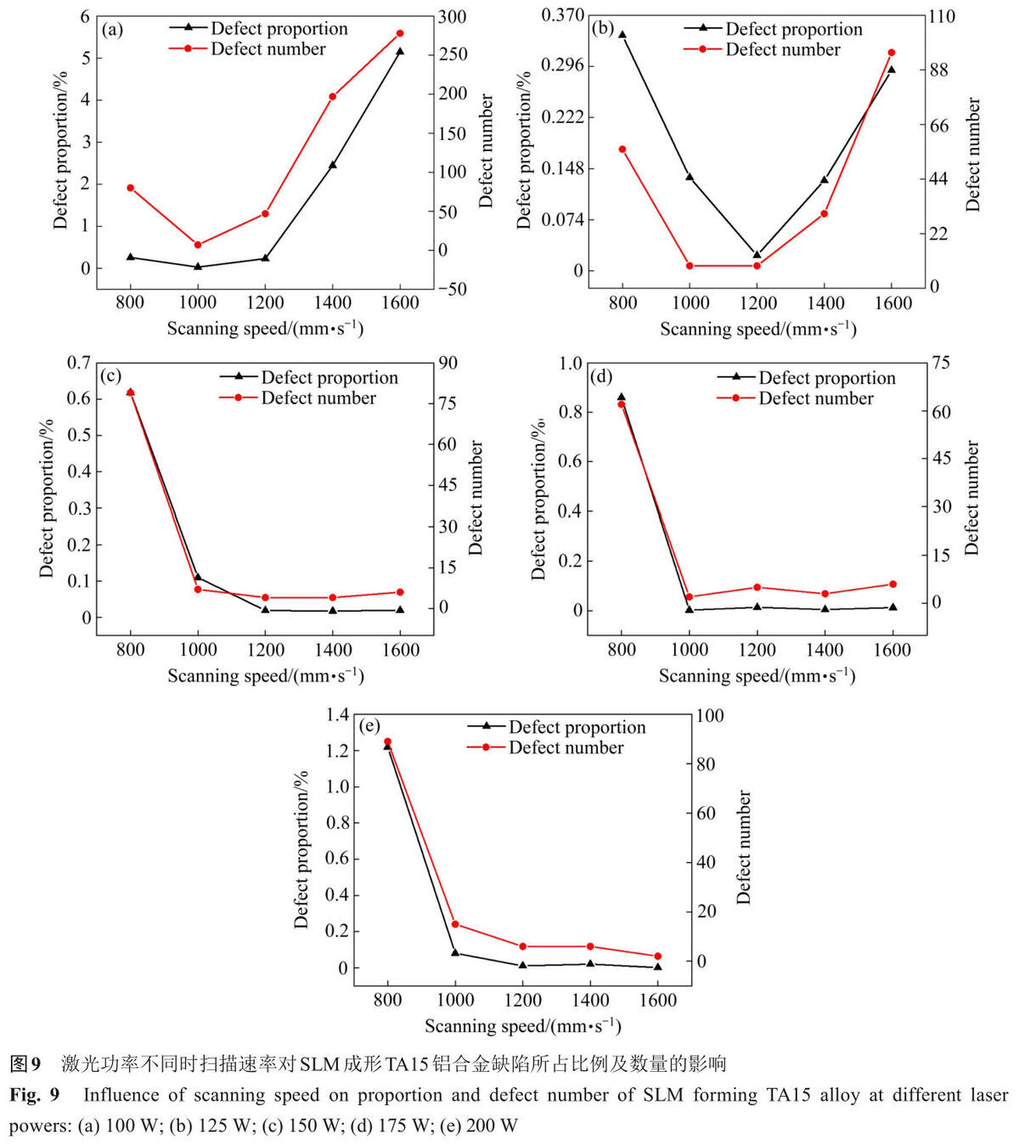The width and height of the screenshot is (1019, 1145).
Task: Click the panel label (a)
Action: [x=112, y=30]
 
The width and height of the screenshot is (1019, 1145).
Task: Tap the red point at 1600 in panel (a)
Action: [x=400, y=33]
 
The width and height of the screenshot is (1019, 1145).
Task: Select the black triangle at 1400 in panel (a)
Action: [x=332, y=165]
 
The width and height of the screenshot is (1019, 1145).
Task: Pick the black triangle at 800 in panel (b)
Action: [x=622, y=35]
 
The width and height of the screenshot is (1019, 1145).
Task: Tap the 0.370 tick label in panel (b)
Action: [x=562, y=15]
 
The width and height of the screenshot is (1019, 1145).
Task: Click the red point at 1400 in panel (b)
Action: [x=824, y=214]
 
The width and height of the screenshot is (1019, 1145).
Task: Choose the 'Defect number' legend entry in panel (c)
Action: [x=297, y=398]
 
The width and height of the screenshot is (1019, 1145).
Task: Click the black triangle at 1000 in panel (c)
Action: [x=198, y=577]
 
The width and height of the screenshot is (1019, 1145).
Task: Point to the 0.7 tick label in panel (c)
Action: [x=79, y=362]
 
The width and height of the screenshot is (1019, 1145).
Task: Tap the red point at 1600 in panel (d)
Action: [x=893, y=584]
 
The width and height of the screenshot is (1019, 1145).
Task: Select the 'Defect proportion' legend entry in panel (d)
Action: [x=807, y=377]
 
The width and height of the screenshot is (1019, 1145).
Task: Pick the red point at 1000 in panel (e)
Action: [x=455, y=924]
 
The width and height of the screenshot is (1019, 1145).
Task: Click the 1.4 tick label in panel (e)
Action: [x=337, y=715]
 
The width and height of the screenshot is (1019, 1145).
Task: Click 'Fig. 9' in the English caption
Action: [x=35, y=1095]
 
